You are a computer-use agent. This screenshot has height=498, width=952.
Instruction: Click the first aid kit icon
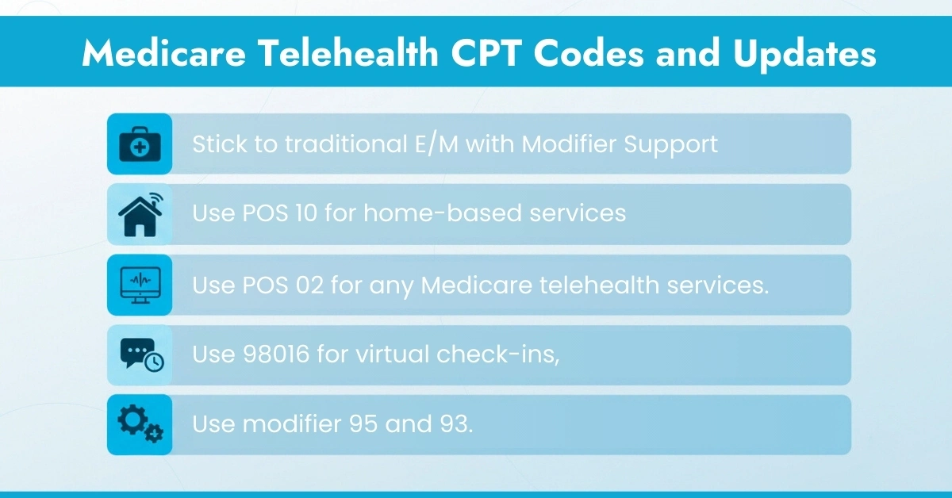(140, 144)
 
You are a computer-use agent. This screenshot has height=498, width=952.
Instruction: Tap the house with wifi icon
(140, 214)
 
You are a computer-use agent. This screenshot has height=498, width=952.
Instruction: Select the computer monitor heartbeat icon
(140, 285)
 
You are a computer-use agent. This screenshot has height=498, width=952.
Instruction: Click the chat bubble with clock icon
(140, 355)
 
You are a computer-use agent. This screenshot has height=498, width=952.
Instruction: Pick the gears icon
(140, 425)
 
